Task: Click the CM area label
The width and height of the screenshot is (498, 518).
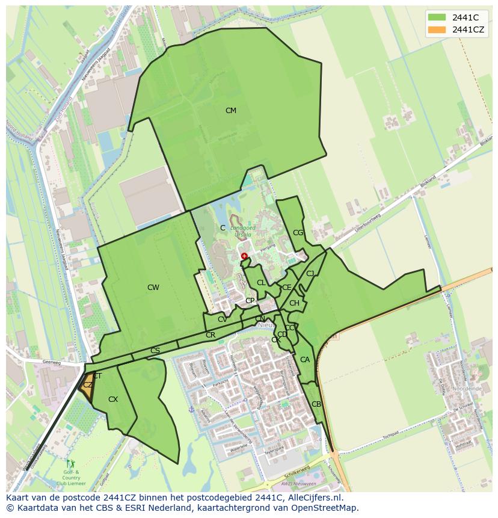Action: [x=230, y=111]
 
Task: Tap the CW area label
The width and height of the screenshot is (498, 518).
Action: [x=153, y=288]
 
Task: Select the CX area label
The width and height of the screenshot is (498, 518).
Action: [x=113, y=399]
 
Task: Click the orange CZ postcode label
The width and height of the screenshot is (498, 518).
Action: [x=88, y=385]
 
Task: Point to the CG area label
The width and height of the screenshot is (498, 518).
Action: [x=298, y=233]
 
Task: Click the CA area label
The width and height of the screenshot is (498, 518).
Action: [x=305, y=360]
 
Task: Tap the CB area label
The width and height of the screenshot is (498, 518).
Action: [x=316, y=404]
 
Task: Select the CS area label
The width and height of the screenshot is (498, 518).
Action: [x=155, y=351]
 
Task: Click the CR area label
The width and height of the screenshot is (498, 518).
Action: [x=211, y=335]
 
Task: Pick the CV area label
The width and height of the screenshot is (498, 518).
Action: [x=223, y=319]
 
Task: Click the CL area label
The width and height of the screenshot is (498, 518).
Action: [x=261, y=283]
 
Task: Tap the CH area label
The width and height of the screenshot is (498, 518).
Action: [x=294, y=303]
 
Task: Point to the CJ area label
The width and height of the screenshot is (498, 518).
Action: [x=310, y=274]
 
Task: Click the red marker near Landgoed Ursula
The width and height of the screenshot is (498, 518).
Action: [x=244, y=256]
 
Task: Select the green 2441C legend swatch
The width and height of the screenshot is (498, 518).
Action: [x=437, y=17]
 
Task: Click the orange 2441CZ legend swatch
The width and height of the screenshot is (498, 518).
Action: [x=437, y=29]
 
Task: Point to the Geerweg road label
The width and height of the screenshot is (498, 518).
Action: [x=53, y=363]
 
